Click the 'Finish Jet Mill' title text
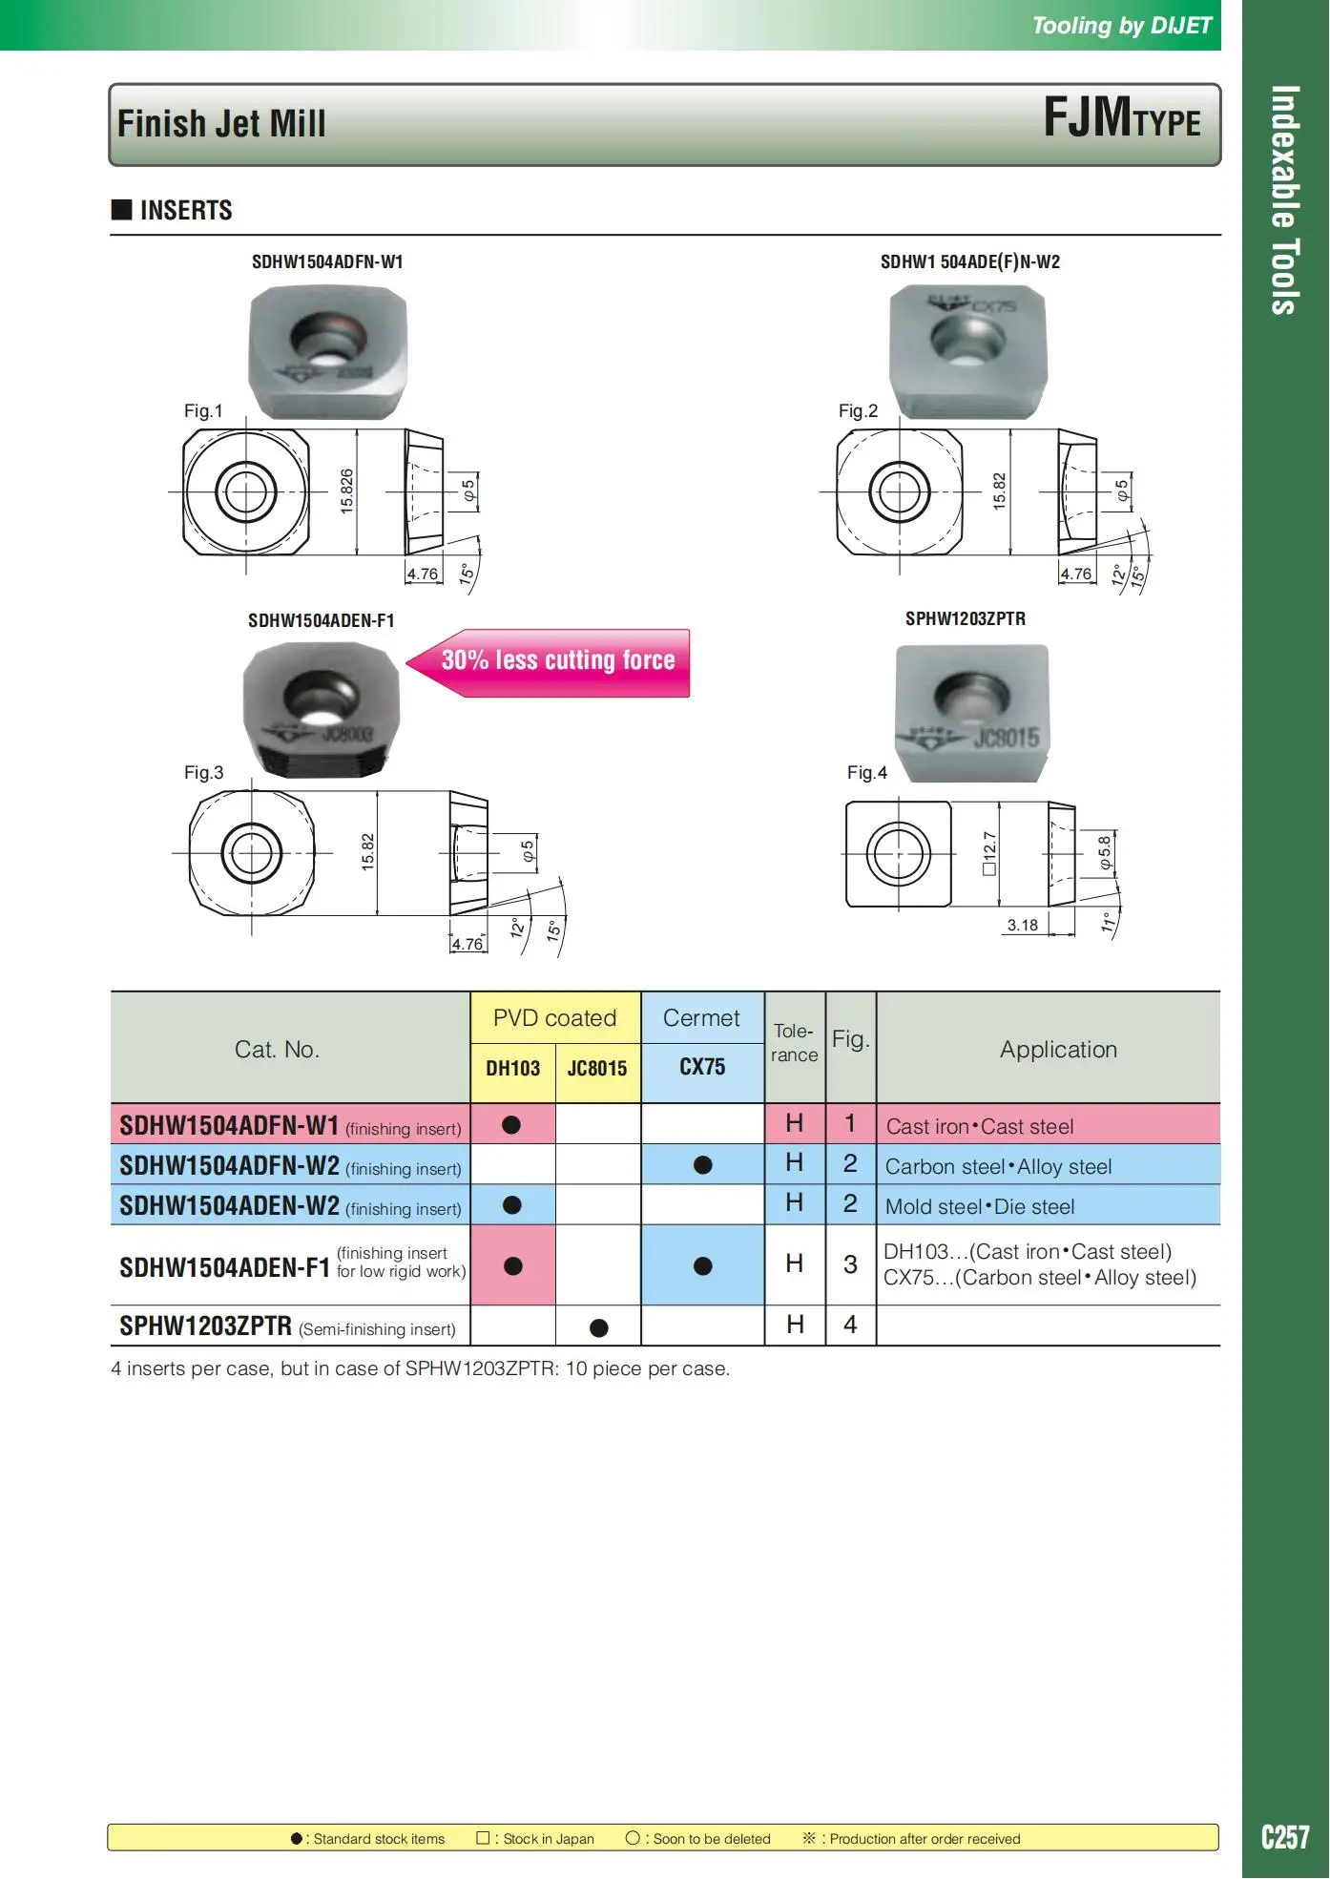[x=221, y=124]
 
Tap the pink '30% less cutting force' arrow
[x=557, y=661]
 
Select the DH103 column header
[x=512, y=1069]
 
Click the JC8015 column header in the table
[x=597, y=1069]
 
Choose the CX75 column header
[x=702, y=1067]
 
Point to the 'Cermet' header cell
[x=701, y=1018]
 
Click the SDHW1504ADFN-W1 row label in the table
[x=229, y=1126]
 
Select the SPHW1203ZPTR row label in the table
[x=205, y=1326]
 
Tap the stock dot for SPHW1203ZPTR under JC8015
[x=598, y=1327]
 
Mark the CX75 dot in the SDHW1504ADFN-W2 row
[x=703, y=1165]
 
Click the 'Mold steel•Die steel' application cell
[x=980, y=1207]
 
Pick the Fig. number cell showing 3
[x=850, y=1265]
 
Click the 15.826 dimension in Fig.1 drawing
[x=346, y=491]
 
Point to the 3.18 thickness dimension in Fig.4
[x=1022, y=926]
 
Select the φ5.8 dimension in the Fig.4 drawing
[x=1105, y=852]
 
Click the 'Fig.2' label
[x=858, y=411]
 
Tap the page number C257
[x=1285, y=1837]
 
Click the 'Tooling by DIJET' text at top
[x=1121, y=26]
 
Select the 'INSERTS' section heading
[x=186, y=211]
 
